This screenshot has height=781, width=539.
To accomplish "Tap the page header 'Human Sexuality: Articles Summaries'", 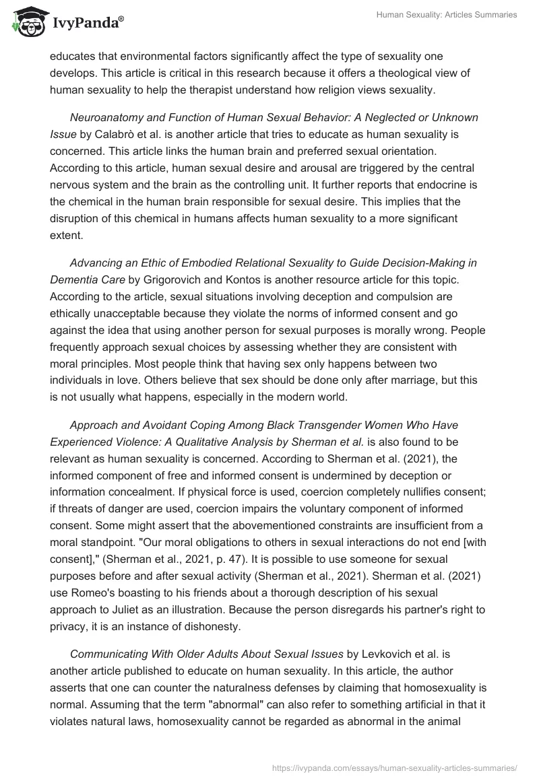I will [x=447, y=15].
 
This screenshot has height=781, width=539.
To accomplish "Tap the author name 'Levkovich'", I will [x=389, y=654].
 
